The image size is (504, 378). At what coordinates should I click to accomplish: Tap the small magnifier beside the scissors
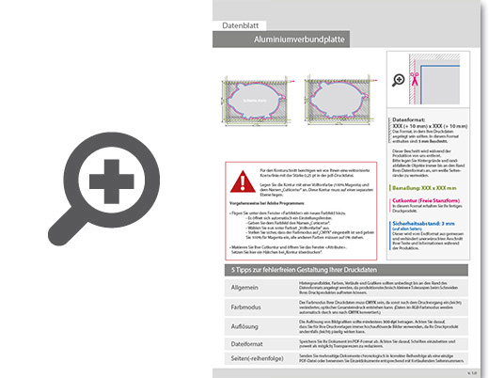[397, 79]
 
